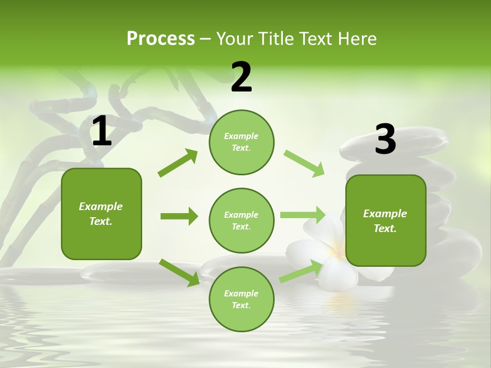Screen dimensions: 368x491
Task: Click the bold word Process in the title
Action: [161, 39]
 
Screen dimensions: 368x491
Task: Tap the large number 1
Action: [102, 131]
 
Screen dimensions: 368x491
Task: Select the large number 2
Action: [241, 77]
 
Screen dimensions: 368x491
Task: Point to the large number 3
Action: [385, 139]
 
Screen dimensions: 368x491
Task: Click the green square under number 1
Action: [101, 214]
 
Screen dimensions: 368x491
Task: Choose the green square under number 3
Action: [386, 220]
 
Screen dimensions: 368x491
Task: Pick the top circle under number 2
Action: [241, 142]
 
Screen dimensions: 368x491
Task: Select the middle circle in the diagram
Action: [241, 220]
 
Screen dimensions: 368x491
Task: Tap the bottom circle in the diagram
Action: [241, 299]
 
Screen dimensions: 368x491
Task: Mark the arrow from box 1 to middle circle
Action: [179, 216]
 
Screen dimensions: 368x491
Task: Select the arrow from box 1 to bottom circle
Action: [179, 272]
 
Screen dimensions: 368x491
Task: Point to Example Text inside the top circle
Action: [241, 142]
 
